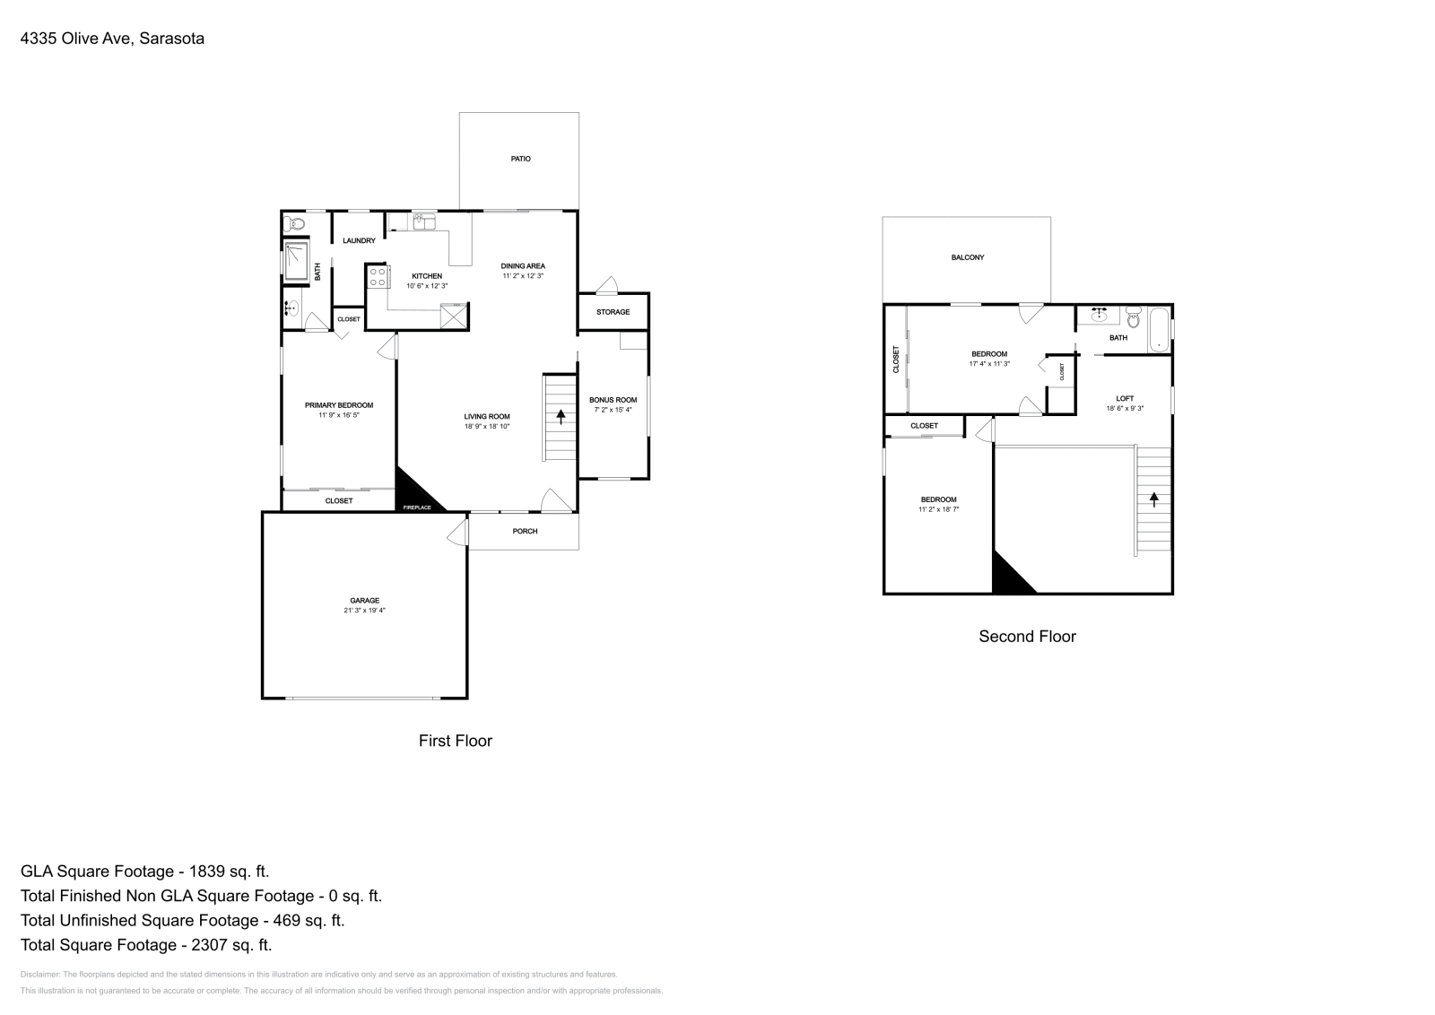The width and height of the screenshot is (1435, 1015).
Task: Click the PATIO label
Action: pyautogui.click(x=520, y=159)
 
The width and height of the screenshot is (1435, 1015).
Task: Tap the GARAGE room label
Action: pyautogui.click(x=364, y=600)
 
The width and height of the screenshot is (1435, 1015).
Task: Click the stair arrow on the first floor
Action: pyautogui.click(x=561, y=415)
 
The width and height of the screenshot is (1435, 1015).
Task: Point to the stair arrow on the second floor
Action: pyautogui.click(x=1153, y=499)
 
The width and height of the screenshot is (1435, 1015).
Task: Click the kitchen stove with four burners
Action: pyautogui.click(x=378, y=277)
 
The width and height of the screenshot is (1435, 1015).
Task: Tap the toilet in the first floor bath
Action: pyautogui.click(x=293, y=223)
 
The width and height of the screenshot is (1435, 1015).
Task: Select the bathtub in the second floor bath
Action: pyautogui.click(x=1159, y=329)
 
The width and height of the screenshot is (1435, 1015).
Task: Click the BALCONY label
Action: pyautogui.click(x=968, y=257)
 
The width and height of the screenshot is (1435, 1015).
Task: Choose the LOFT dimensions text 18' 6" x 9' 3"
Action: pyautogui.click(x=1125, y=409)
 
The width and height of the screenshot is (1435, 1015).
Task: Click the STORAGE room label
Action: pyautogui.click(x=613, y=312)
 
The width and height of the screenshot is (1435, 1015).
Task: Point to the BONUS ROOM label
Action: pyautogui.click(x=613, y=400)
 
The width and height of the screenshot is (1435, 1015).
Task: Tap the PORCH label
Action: pyautogui.click(x=525, y=531)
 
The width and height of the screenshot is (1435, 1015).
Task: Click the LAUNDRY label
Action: pyautogui.click(x=359, y=240)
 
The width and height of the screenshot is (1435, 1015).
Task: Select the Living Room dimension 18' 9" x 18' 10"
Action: pyautogui.click(x=487, y=427)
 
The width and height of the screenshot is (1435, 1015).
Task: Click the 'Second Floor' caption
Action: pyautogui.click(x=1027, y=637)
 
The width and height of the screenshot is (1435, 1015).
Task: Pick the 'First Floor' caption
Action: pyautogui.click(x=455, y=741)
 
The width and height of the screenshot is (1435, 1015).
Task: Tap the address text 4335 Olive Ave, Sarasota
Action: pyautogui.click(x=112, y=39)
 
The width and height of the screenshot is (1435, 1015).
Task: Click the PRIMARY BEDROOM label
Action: pyautogui.click(x=339, y=405)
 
